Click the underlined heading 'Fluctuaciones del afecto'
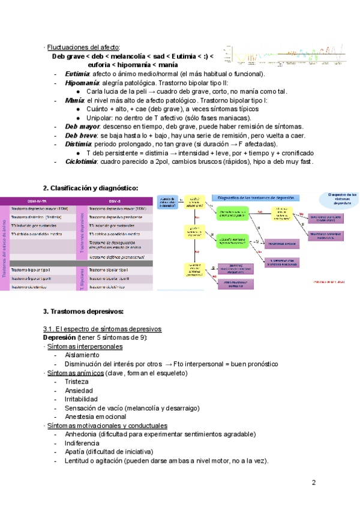point(83,47)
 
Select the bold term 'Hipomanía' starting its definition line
point(82,82)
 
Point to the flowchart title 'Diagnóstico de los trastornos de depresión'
point(256,197)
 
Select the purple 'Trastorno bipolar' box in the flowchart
point(283,244)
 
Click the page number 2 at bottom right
point(314,483)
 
